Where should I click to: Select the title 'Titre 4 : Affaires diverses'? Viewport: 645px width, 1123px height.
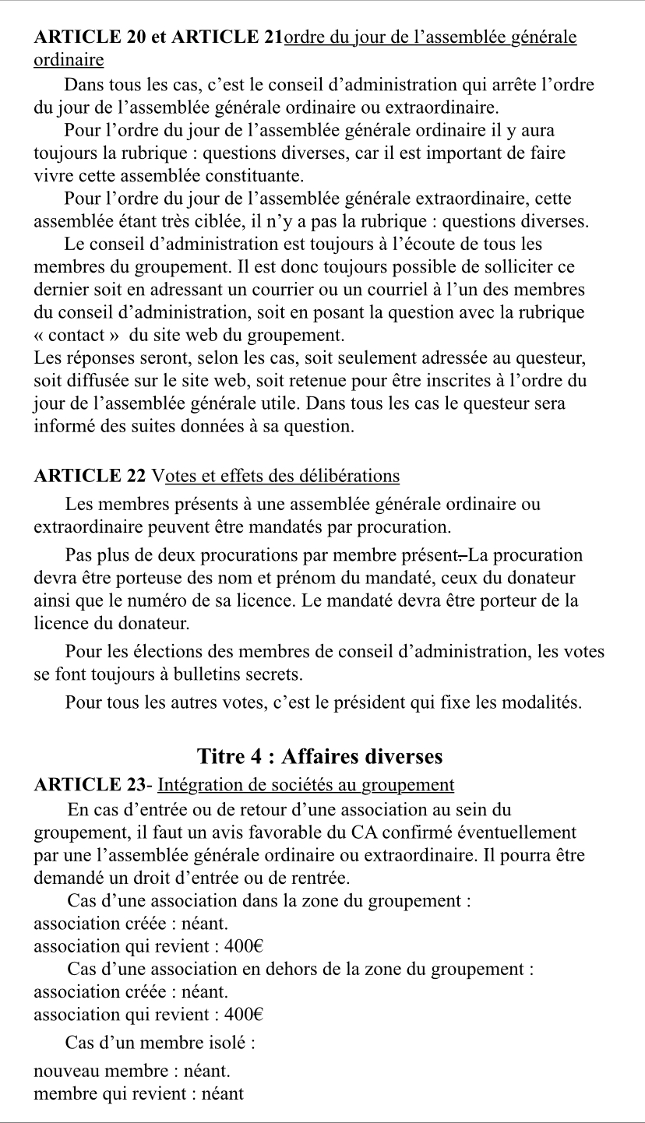pos(320,756)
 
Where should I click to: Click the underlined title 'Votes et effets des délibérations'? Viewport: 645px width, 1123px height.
pos(277,475)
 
